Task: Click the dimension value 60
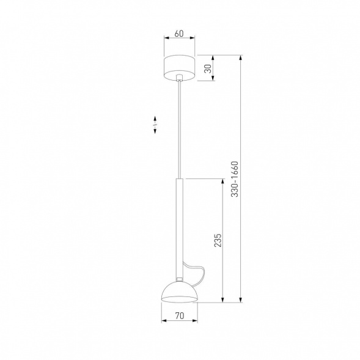click(x=179, y=33)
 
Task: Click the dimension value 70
click(x=180, y=316)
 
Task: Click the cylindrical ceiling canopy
click(x=179, y=67)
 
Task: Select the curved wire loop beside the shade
click(x=197, y=274)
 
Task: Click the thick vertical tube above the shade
click(x=180, y=226)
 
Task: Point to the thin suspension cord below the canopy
click(x=180, y=128)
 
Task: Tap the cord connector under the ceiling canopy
click(x=180, y=79)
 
